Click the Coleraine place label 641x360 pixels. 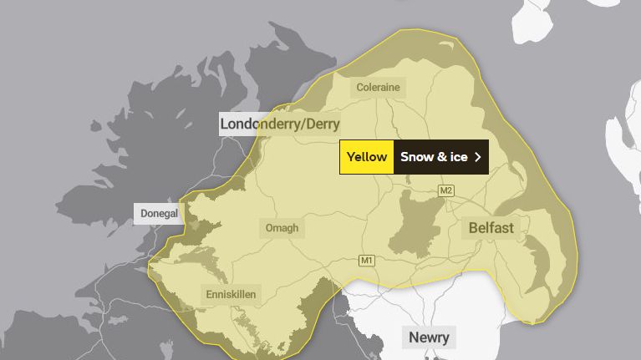point(378,87)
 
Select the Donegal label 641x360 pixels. point(159,213)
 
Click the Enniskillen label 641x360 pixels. point(231,294)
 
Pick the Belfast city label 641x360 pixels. point(491,227)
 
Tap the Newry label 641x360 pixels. point(429,337)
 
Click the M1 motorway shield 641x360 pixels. point(367,261)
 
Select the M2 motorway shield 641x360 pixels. point(446,191)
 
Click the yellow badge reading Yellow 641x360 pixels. point(367,157)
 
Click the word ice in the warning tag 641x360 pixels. point(456,157)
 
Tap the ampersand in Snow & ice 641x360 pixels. point(440,157)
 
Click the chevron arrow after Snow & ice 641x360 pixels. point(478,157)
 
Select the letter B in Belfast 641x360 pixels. point(473,227)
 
